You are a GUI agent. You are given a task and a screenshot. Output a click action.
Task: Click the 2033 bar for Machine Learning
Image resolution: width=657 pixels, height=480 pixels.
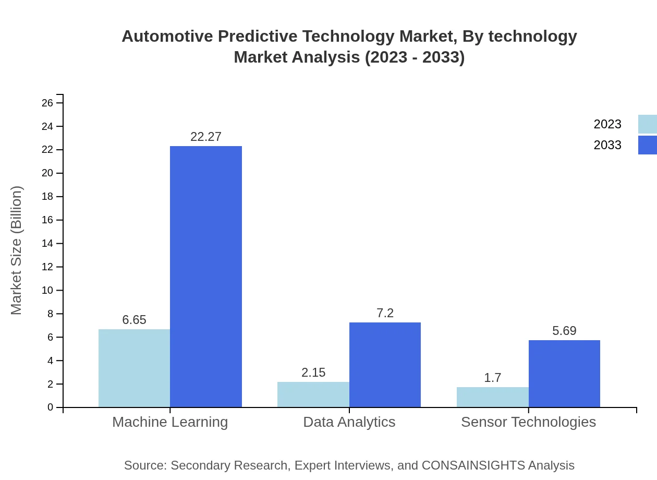click(206, 277)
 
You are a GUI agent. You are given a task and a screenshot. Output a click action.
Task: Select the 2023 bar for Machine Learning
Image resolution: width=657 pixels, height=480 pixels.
click(134, 368)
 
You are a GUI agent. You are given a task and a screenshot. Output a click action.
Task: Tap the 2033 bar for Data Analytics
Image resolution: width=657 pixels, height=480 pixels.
click(385, 365)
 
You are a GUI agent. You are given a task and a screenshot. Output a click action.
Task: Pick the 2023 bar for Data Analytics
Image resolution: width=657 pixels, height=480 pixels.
click(313, 394)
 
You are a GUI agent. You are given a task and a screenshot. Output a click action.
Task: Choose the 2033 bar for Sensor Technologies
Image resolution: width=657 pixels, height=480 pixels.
click(564, 374)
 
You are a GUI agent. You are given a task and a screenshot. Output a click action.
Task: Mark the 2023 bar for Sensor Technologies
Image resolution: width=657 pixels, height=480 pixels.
click(492, 397)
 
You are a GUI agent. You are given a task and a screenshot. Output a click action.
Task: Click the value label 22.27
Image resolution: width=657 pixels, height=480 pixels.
click(206, 137)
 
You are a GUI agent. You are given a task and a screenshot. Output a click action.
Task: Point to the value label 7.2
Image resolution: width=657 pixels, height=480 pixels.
click(385, 313)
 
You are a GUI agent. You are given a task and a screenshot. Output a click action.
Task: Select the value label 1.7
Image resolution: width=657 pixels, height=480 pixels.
click(492, 378)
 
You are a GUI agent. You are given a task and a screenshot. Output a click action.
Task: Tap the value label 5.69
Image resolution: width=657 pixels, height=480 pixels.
click(564, 331)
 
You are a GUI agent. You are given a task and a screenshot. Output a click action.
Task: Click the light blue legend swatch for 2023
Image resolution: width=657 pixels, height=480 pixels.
click(647, 124)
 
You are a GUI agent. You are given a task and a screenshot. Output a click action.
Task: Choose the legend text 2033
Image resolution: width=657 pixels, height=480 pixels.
click(607, 145)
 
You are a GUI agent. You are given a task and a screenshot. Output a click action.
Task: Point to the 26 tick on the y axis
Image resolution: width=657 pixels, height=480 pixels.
click(47, 103)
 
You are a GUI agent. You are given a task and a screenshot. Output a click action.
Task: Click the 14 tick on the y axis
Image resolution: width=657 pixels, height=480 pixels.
click(47, 244)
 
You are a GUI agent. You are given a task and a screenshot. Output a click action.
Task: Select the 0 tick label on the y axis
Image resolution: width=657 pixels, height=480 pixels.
click(51, 407)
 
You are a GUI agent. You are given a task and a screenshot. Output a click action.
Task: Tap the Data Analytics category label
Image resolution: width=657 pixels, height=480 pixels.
click(349, 422)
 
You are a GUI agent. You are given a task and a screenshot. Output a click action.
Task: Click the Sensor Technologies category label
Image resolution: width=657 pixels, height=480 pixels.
click(528, 422)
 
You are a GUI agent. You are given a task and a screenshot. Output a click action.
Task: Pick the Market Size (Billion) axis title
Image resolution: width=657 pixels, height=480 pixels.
click(16, 250)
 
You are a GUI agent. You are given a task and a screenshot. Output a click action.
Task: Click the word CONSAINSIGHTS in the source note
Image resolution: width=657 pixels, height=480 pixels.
click(472, 465)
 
